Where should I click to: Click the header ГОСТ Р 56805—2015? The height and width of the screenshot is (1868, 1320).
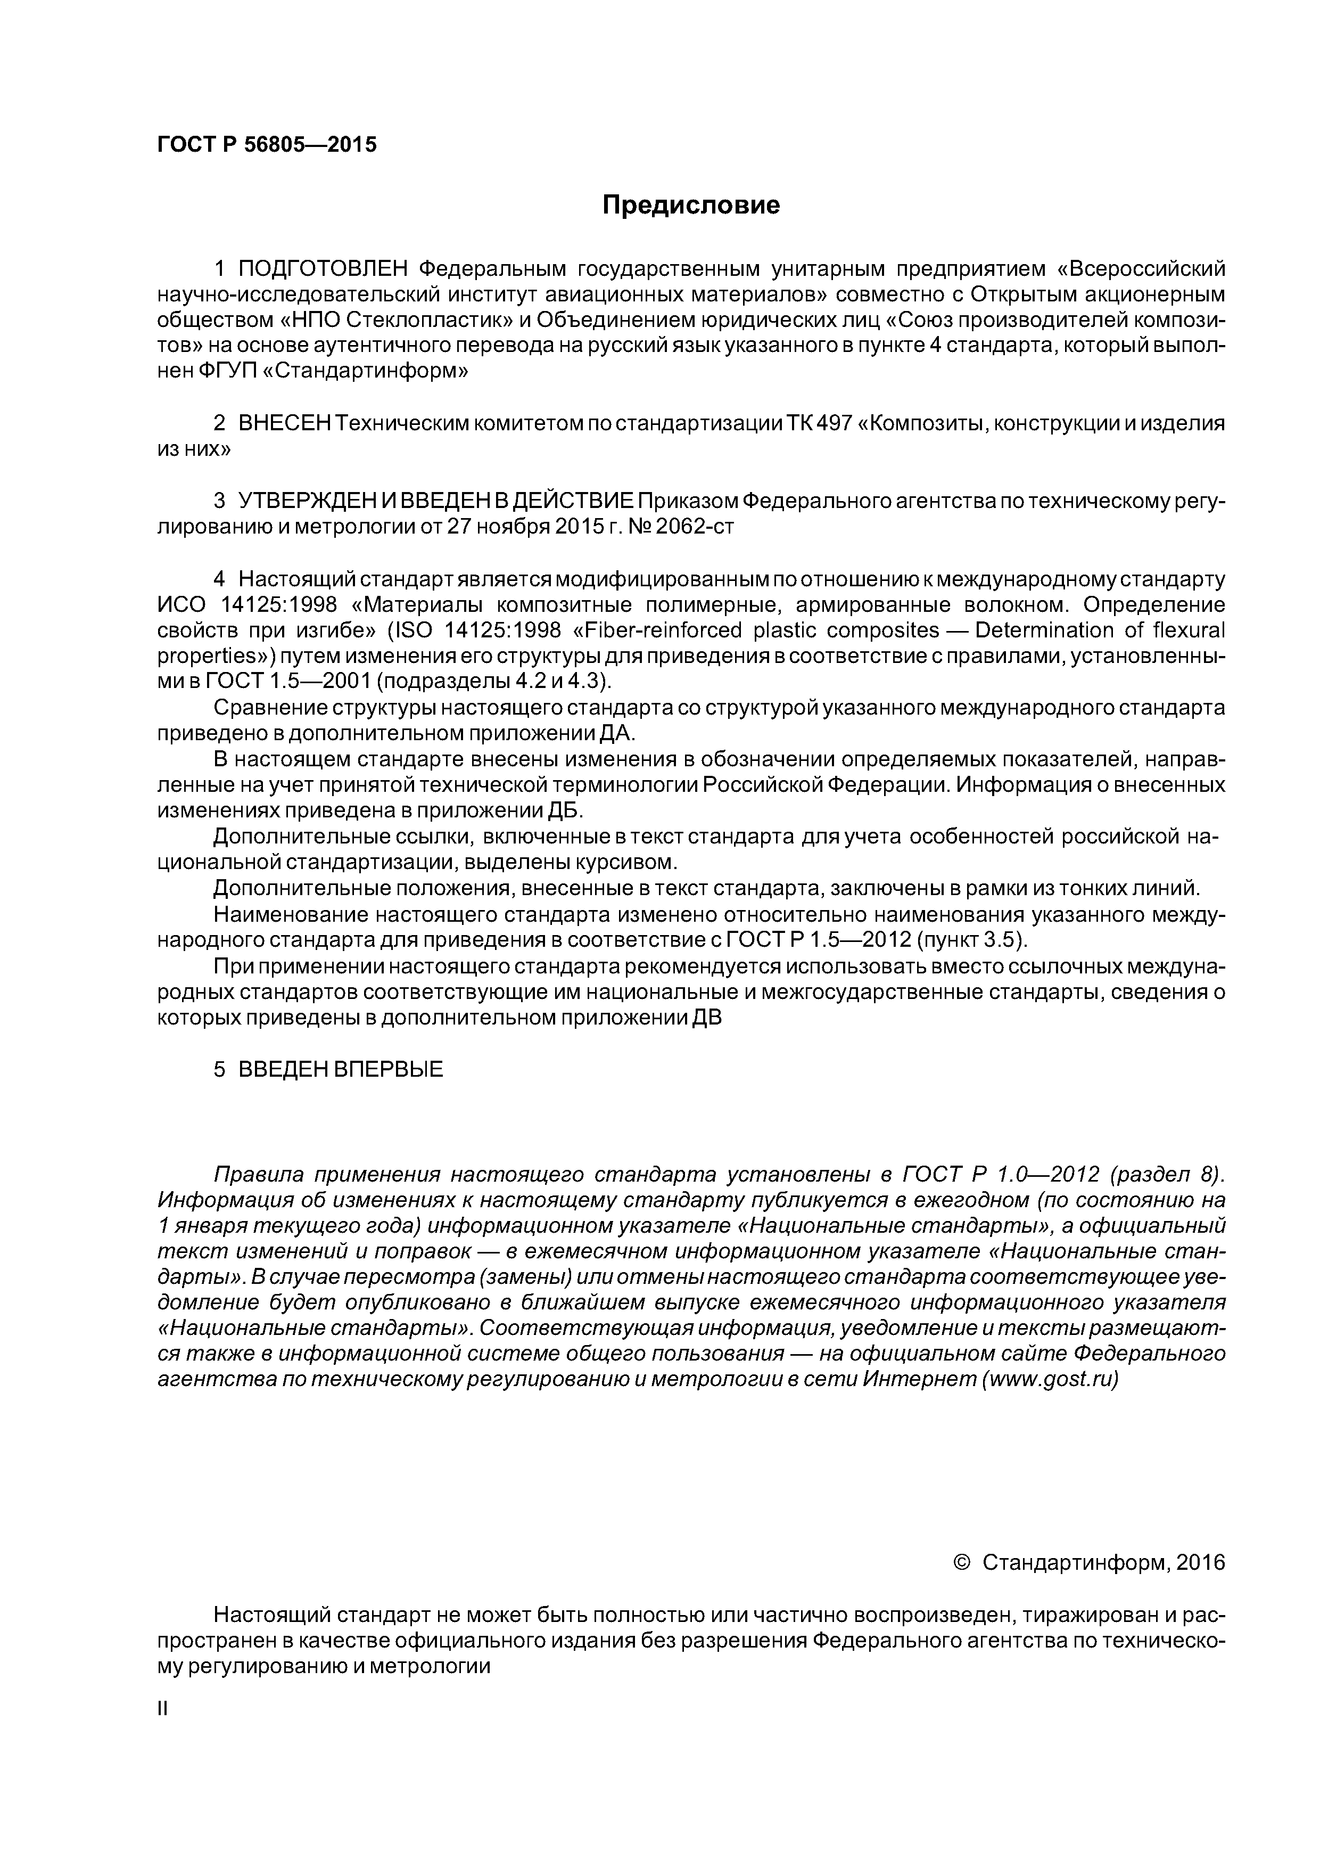click(x=267, y=145)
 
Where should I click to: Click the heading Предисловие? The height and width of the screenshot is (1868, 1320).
click(x=690, y=205)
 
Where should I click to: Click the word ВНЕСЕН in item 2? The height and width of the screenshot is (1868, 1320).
click(x=285, y=424)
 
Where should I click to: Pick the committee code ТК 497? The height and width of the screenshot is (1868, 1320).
click(x=818, y=424)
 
